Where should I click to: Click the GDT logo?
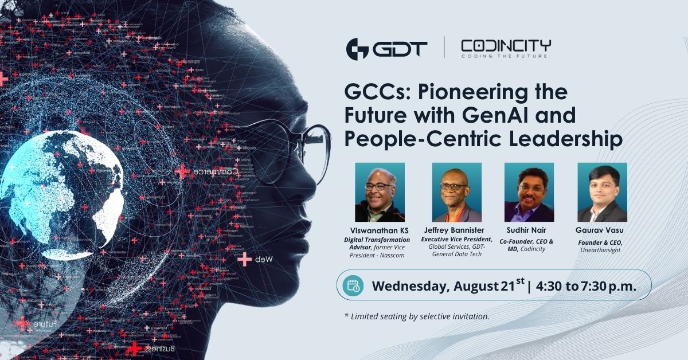(386, 48)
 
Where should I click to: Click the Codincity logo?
(506, 48)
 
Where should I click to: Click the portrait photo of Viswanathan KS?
(380, 192)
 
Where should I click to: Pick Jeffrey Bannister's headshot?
(456, 192)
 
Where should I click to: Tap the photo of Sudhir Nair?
(529, 192)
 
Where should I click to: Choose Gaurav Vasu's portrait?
(602, 192)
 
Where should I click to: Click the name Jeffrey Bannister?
(456, 230)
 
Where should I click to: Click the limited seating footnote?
(416, 316)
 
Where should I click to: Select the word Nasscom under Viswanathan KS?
(392, 255)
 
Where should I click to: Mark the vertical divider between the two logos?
(444, 48)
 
